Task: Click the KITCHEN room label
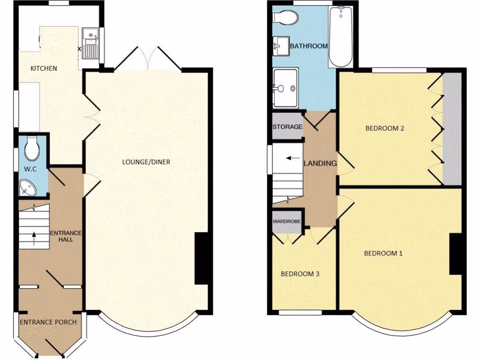[44, 68]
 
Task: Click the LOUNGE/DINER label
[146, 162]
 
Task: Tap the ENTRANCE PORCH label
[48, 322]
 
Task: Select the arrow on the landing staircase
[294, 158]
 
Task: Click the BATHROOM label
[308, 46]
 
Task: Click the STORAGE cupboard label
[287, 127]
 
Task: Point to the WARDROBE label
[287, 220]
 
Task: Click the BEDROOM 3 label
[300, 274]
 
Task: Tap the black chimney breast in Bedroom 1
[456, 254]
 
